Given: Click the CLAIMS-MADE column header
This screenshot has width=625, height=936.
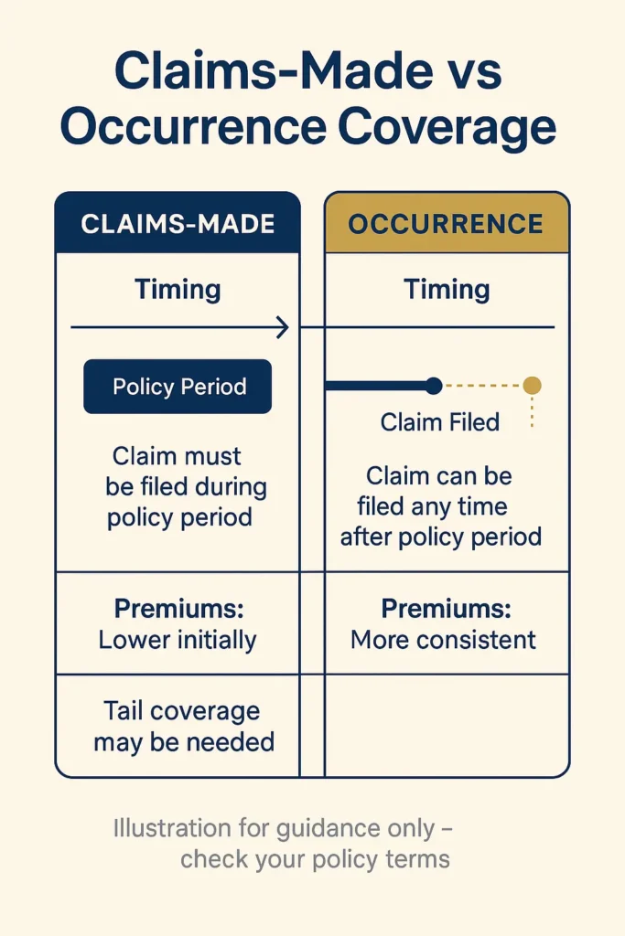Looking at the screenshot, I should point(178,224).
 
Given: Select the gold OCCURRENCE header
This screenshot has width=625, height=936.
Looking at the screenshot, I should point(447,224).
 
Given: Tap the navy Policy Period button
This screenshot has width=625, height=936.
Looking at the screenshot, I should point(178,387).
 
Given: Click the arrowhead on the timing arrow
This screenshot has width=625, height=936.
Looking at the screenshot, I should point(283,327).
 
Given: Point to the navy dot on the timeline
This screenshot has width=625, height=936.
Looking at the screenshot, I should point(434,386).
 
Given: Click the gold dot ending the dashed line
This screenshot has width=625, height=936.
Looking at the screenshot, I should point(532,386).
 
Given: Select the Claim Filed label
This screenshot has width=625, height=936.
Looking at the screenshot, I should point(439,422).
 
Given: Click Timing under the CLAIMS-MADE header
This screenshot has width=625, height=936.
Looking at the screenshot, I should point(178,290).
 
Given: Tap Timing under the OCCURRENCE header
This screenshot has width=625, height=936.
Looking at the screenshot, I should point(447,290).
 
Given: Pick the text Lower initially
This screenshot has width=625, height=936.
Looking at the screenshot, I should point(178,639).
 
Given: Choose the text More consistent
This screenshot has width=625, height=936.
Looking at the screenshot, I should point(444,639).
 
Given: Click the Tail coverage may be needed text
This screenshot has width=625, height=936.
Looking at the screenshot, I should point(183,726).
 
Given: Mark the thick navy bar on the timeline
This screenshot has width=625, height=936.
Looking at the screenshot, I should point(377,386).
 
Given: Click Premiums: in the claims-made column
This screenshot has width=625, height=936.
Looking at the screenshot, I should point(178,608).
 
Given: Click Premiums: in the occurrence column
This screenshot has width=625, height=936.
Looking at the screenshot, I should point(446,608).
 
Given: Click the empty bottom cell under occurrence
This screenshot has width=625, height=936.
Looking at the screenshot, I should point(447,726).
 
